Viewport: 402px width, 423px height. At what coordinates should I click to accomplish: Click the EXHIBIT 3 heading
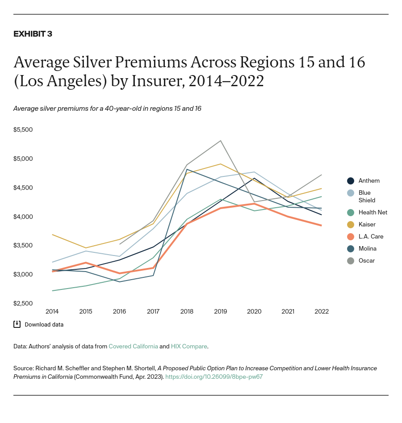click(x=33, y=34)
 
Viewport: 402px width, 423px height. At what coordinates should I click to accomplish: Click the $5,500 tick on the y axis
click(x=24, y=130)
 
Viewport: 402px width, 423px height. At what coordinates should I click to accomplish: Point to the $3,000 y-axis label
click(x=24, y=274)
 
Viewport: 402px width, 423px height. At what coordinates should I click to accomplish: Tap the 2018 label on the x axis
click(x=187, y=311)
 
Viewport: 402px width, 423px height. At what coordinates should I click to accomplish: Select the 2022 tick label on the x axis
click(x=322, y=311)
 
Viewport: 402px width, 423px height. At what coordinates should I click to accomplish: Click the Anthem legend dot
click(x=351, y=181)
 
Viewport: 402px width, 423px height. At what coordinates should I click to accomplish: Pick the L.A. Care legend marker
click(x=351, y=237)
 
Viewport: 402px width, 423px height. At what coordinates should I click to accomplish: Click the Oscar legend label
click(x=366, y=260)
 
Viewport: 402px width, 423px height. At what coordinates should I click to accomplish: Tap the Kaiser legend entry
click(x=367, y=225)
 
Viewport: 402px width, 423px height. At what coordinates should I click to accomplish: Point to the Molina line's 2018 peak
click(x=187, y=169)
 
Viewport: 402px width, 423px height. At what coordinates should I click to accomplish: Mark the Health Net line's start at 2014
click(x=52, y=291)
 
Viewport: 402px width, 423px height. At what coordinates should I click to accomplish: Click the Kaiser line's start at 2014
click(x=52, y=235)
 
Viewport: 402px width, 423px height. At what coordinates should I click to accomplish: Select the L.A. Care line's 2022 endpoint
click(x=322, y=226)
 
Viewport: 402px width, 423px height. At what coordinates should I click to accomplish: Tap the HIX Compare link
click(x=189, y=346)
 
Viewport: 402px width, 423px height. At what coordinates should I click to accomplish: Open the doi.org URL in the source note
click(x=214, y=377)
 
